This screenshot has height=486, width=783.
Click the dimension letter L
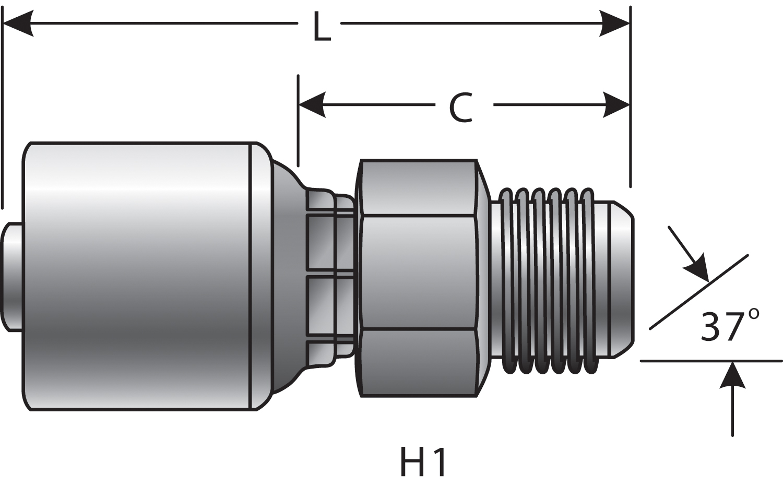pos(322,28)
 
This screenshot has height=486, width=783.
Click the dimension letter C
pos(460,109)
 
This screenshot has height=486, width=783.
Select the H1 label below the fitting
pos(423,461)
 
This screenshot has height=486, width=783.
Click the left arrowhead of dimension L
pos(18,23)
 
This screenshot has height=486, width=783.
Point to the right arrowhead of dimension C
pos(615,105)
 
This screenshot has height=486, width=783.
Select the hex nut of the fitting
pos(418,277)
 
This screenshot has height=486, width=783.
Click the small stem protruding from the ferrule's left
pos(11,277)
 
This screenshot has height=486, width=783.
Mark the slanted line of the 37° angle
pos(699,292)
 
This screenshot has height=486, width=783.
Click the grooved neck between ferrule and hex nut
pos(329,277)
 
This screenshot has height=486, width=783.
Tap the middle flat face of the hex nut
pos(418,272)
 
